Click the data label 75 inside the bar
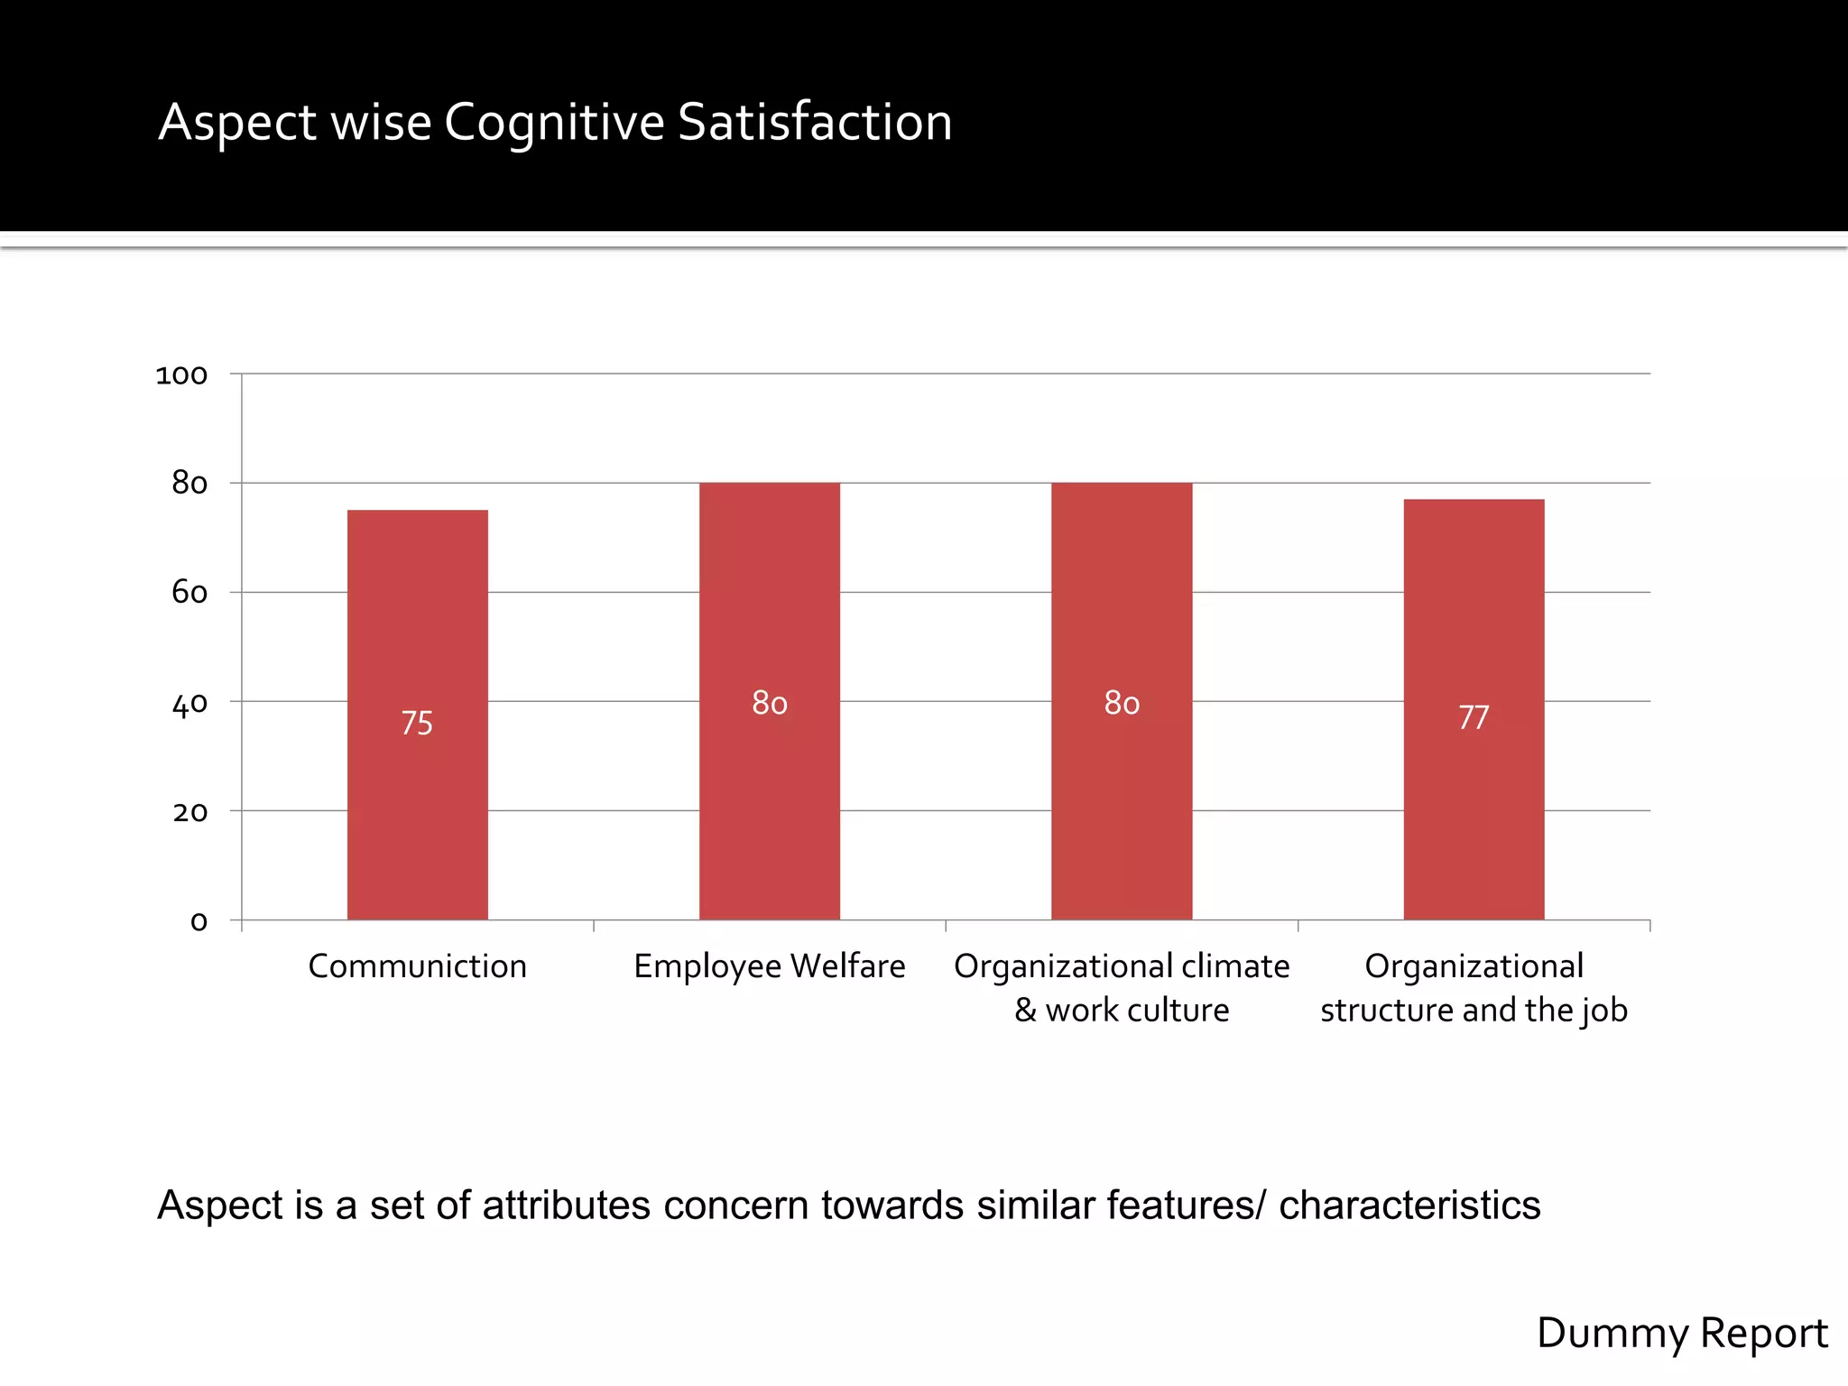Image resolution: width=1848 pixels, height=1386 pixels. point(417,723)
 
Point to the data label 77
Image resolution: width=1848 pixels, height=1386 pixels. point(1474,717)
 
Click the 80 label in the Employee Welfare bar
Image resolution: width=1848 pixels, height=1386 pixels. point(770,703)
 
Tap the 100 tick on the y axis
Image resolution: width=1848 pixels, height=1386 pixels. point(181,374)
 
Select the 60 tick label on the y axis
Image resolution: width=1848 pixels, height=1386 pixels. point(189,593)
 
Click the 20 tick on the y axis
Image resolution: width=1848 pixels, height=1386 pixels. point(189,812)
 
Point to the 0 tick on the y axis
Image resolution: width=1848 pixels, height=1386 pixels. point(199,921)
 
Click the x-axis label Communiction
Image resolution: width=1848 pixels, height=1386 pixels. point(417,966)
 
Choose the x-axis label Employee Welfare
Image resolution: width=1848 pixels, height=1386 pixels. point(769,966)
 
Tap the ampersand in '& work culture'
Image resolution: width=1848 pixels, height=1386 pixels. point(1025,1010)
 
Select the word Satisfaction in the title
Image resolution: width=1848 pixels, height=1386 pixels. point(814,122)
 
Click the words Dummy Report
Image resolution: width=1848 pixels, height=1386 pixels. point(1682,1333)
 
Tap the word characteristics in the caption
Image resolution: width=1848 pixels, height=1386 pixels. point(1409,1206)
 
